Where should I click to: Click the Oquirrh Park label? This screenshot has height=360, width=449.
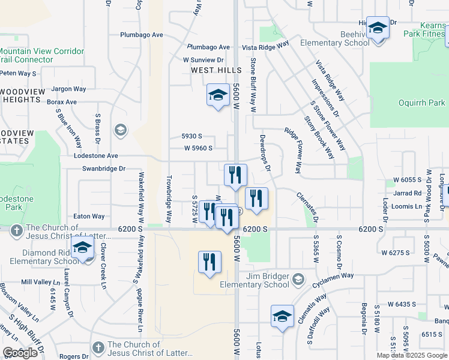[x=422, y=103]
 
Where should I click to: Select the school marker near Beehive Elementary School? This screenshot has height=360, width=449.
[x=378, y=29]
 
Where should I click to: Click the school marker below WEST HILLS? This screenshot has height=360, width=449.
[x=218, y=95]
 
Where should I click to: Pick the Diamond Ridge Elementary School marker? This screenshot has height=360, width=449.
[x=82, y=247]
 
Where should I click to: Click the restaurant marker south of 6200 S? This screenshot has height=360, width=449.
[x=209, y=262]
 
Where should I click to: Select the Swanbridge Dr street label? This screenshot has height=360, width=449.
[x=104, y=169]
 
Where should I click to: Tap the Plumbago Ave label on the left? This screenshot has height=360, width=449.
[x=142, y=35]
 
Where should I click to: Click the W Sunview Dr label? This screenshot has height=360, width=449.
[x=203, y=60]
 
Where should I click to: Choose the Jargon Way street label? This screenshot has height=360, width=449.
[x=69, y=89]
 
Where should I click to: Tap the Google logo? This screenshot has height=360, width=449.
[x=20, y=353]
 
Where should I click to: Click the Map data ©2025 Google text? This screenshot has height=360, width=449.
[x=412, y=355]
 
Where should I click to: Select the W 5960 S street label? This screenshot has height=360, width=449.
[x=198, y=148]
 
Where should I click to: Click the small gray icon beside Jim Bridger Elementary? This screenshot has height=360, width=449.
[x=298, y=279]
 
